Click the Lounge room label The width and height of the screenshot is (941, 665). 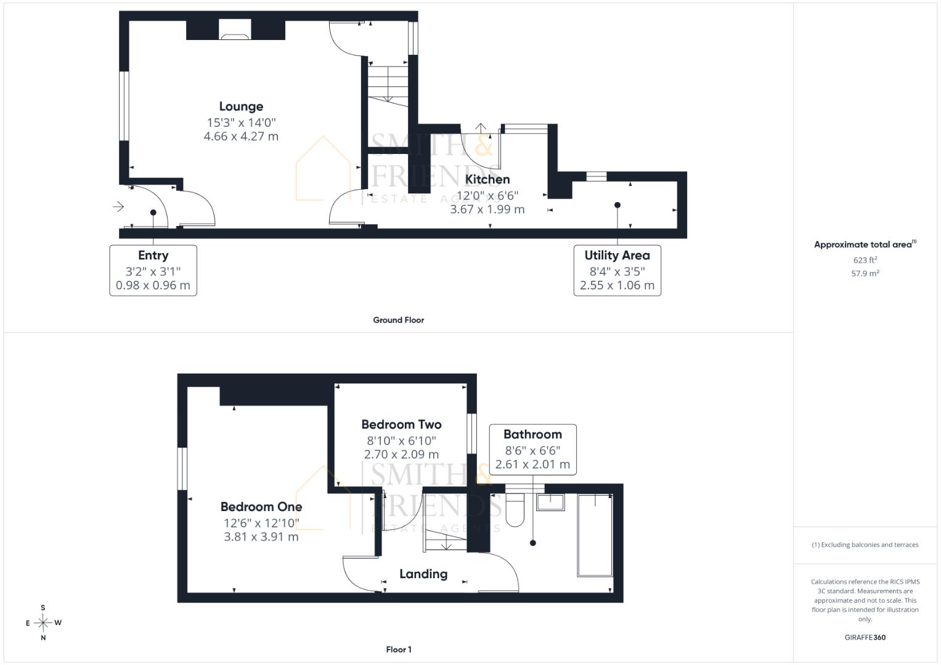pyautogui.click(x=241, y=107)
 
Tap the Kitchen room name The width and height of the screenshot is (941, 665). pyautogui.click(x=487, y=179)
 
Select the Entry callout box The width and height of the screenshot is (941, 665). pyautogui.click(x=153, y=270)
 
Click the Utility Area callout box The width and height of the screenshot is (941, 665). pyautogui.click(x=617, y=270)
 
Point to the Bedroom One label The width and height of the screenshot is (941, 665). pyautogui.click(x=261, y=507)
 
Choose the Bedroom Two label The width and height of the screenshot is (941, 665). pyautogui.click(x=402, y=424)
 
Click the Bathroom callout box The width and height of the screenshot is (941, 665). pyautogui.click(x=532, y=449)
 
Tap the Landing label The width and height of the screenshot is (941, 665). pyautogui.click(x=423, y=574)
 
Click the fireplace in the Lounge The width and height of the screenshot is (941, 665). pyautogui.click(x=235, y=30)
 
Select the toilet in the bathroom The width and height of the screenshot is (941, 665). pyautogui.click(x=515, y=510)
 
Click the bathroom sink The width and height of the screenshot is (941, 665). pyautogui.click(x=550, y=502)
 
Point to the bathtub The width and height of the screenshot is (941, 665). pyautogui.click(x=595, y=535)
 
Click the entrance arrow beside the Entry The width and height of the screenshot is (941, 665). pyautogui.click(x=118, y=206)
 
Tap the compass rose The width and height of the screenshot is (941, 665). pyautogui.click(x=43, y=623)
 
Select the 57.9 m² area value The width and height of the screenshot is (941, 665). pyautogui.click(x=865, y=273)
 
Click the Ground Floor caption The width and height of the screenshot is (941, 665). pyautogui.click(x=398, y=320)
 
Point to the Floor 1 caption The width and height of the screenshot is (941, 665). pyautogui.click(x=399, y=650)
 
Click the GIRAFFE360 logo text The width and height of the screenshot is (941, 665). pyautogui.click(x=865, y=637)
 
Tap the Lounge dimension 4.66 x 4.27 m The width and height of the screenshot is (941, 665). pyautogui.click(x=241, y=137)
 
